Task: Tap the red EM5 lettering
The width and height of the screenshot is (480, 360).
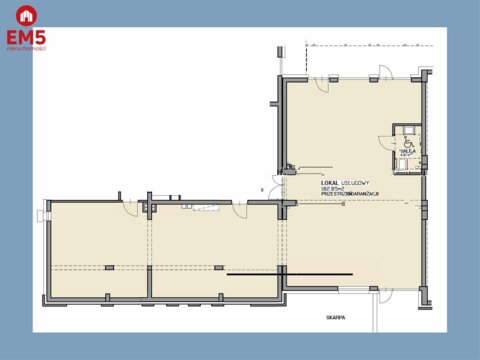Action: (x=26, y=38)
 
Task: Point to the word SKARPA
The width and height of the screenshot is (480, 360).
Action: (x=334, y=317)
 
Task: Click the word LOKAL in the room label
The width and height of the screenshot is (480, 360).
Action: (x=330, y=182)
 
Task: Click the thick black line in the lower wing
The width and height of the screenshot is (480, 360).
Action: (x=256, y=273)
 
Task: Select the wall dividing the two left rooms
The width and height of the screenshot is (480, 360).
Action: (x=151, y=250)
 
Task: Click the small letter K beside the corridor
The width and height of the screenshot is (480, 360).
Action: (x=262, y=188)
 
